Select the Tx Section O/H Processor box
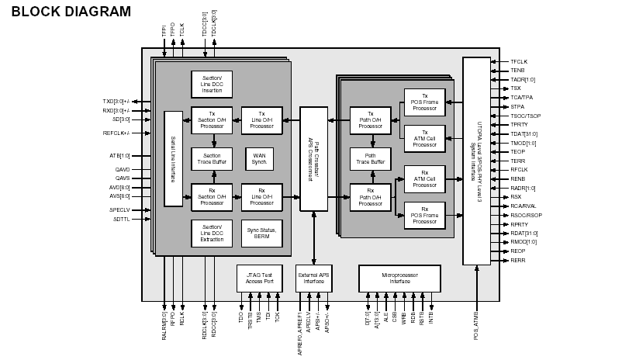[212, 119]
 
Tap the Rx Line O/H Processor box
[261, 196]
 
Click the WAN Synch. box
[259, 158]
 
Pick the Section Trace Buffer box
[212, 158]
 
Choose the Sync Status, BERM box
[261, 233]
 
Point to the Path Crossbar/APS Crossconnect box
[313, 158]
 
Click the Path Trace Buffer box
[370, 158]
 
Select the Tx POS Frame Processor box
[424, 102]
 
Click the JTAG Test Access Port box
[258, 278]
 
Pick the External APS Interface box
[313, 278]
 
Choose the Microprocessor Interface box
[399, 278]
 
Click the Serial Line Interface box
[173, 158]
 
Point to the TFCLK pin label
[519, 61]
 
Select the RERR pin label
[518, 261]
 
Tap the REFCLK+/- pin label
[116, 133]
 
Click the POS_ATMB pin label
[476, 326]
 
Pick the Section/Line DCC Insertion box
[212, 84]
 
